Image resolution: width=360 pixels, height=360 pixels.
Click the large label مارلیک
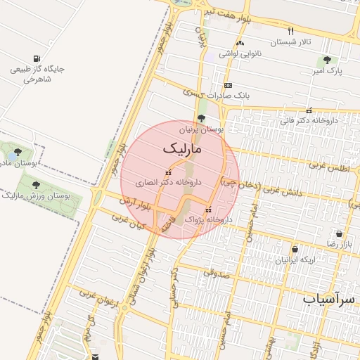tap(181, 149)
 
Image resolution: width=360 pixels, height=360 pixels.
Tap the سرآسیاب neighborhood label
tap(330, 300)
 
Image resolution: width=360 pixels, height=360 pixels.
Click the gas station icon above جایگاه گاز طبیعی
tap(36, 58)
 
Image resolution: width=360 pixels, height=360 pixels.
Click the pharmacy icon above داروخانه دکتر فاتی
tap(309, 110)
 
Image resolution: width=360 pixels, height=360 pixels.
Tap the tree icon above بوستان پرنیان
tap(202, 118)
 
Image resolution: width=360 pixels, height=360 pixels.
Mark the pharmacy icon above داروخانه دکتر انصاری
tap(167, 172)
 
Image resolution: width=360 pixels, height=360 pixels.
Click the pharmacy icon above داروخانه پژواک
tap(207, 210)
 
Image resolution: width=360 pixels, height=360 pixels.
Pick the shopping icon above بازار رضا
tap(340, 233)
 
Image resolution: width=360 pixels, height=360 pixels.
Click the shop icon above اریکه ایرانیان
tap(294, 249)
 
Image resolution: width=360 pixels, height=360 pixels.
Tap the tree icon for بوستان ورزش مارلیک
tap(36, 185)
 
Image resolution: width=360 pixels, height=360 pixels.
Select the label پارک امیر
tap(327, 72)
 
